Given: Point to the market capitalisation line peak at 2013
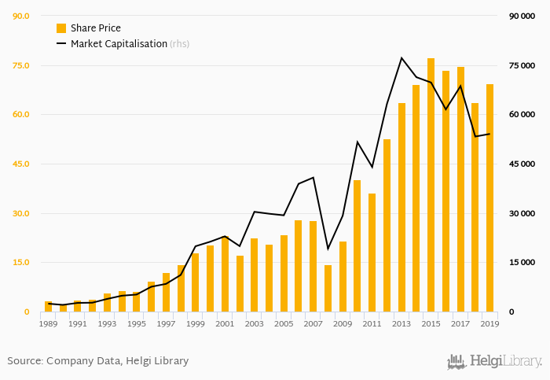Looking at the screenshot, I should (401, 57).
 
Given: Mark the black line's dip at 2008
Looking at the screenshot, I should (328, 249).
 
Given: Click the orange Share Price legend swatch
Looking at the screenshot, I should (61, 28).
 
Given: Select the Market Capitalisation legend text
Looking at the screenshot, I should (119, 44).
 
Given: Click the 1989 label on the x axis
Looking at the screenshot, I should (48, 323).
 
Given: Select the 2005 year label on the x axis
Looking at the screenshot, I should (284, 323).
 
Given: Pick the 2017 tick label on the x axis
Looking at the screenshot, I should (460, 323).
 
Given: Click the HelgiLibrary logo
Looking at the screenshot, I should (495, 361).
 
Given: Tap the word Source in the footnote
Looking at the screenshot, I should (24, 361).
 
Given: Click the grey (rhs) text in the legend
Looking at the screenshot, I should (179, 44).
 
